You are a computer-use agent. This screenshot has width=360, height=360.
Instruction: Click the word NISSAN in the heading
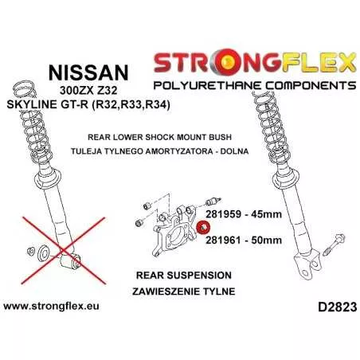[88, 72]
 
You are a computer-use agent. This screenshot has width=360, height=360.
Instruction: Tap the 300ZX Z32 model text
[88, 91]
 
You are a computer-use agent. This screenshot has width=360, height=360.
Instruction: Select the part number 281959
[223, 213]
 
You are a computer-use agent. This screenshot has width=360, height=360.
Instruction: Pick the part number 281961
[223, 240]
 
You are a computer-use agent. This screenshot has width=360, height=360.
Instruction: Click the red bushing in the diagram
[203, 228]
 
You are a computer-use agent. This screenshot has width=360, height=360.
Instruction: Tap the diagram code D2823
[337, 307]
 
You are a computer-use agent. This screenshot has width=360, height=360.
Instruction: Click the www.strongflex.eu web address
[51, 306]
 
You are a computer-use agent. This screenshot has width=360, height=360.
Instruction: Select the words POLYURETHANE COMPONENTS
[255, 85]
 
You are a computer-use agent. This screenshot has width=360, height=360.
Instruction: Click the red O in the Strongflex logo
[223, 63]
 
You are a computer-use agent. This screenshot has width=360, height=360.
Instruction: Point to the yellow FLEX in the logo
[319, 63]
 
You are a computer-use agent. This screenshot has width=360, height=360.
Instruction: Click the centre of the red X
[64, 251]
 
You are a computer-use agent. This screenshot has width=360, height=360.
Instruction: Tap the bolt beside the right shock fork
[335, 245]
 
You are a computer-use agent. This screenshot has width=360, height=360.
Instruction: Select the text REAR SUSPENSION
[184, 276]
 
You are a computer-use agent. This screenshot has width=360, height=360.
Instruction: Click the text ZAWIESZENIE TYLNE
[184, 292]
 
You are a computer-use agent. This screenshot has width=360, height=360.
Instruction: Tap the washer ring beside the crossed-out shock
[43, 253]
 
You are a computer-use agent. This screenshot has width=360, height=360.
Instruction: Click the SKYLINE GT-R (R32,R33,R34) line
[88, 104]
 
